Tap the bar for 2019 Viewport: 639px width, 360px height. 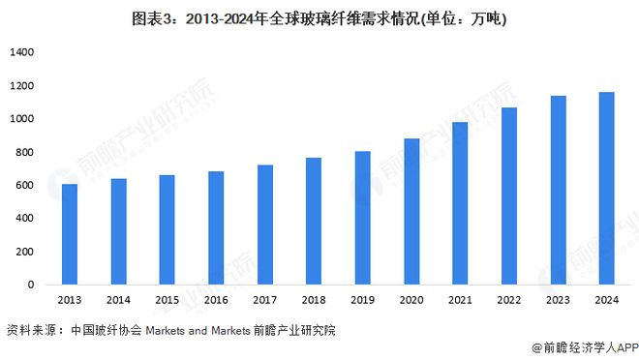click(x=362, y=218)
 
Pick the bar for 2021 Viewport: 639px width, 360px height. click(x=460, y=203)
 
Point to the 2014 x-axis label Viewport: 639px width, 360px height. click(x=118, y=301)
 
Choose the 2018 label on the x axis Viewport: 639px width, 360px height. click(x=314, y=301)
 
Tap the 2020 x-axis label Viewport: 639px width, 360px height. click(x=411, y=301)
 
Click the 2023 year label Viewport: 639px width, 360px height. click(x=557, y=301)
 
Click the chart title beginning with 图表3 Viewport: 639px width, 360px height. click(x=319, y=18)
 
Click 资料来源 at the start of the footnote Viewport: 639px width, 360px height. click(x=29, y=330)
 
